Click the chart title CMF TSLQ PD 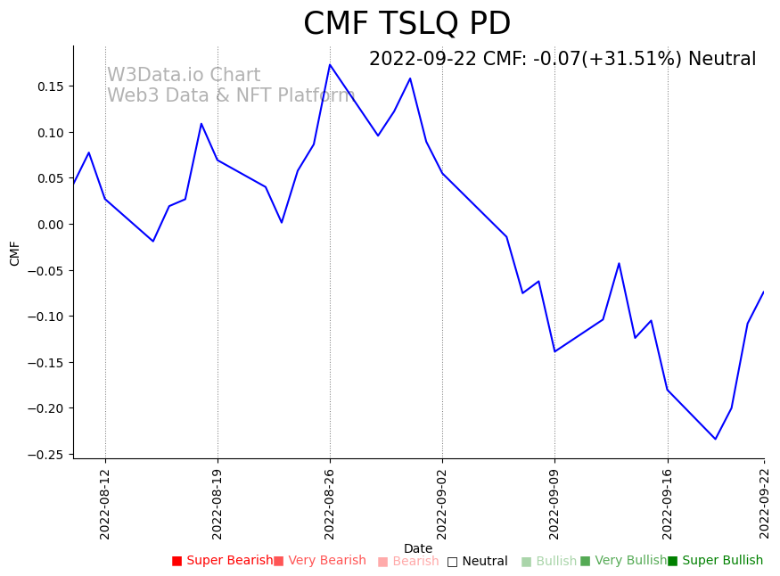[406, 24]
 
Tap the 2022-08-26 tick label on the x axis [330, 505]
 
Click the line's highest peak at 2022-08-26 [330, 64]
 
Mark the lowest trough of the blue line [715, 439]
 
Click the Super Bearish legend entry [223, 561]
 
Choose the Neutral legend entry [478, 562]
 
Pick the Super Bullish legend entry [716, 561]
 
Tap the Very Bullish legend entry [623, 561]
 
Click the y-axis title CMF [15, 253]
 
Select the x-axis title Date [418, 549]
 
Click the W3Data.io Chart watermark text [184, 76]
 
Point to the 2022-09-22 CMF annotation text [562, 60]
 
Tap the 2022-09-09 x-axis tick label [554, 505]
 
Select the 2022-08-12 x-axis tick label [105, 505]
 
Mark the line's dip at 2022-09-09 [554, 351]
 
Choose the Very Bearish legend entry [320, 561]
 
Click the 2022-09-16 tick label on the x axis [668, 505]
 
